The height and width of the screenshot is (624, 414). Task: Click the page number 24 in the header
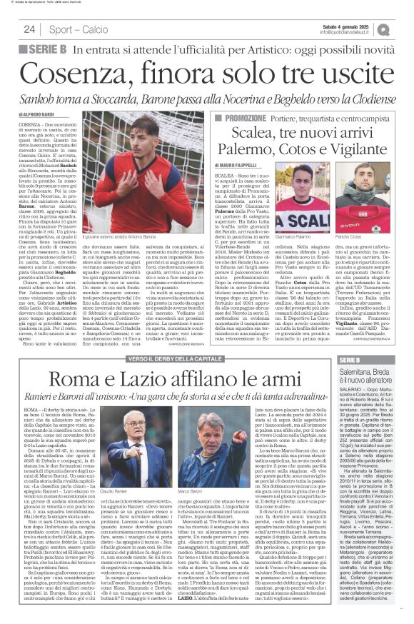(x=29, y=29)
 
